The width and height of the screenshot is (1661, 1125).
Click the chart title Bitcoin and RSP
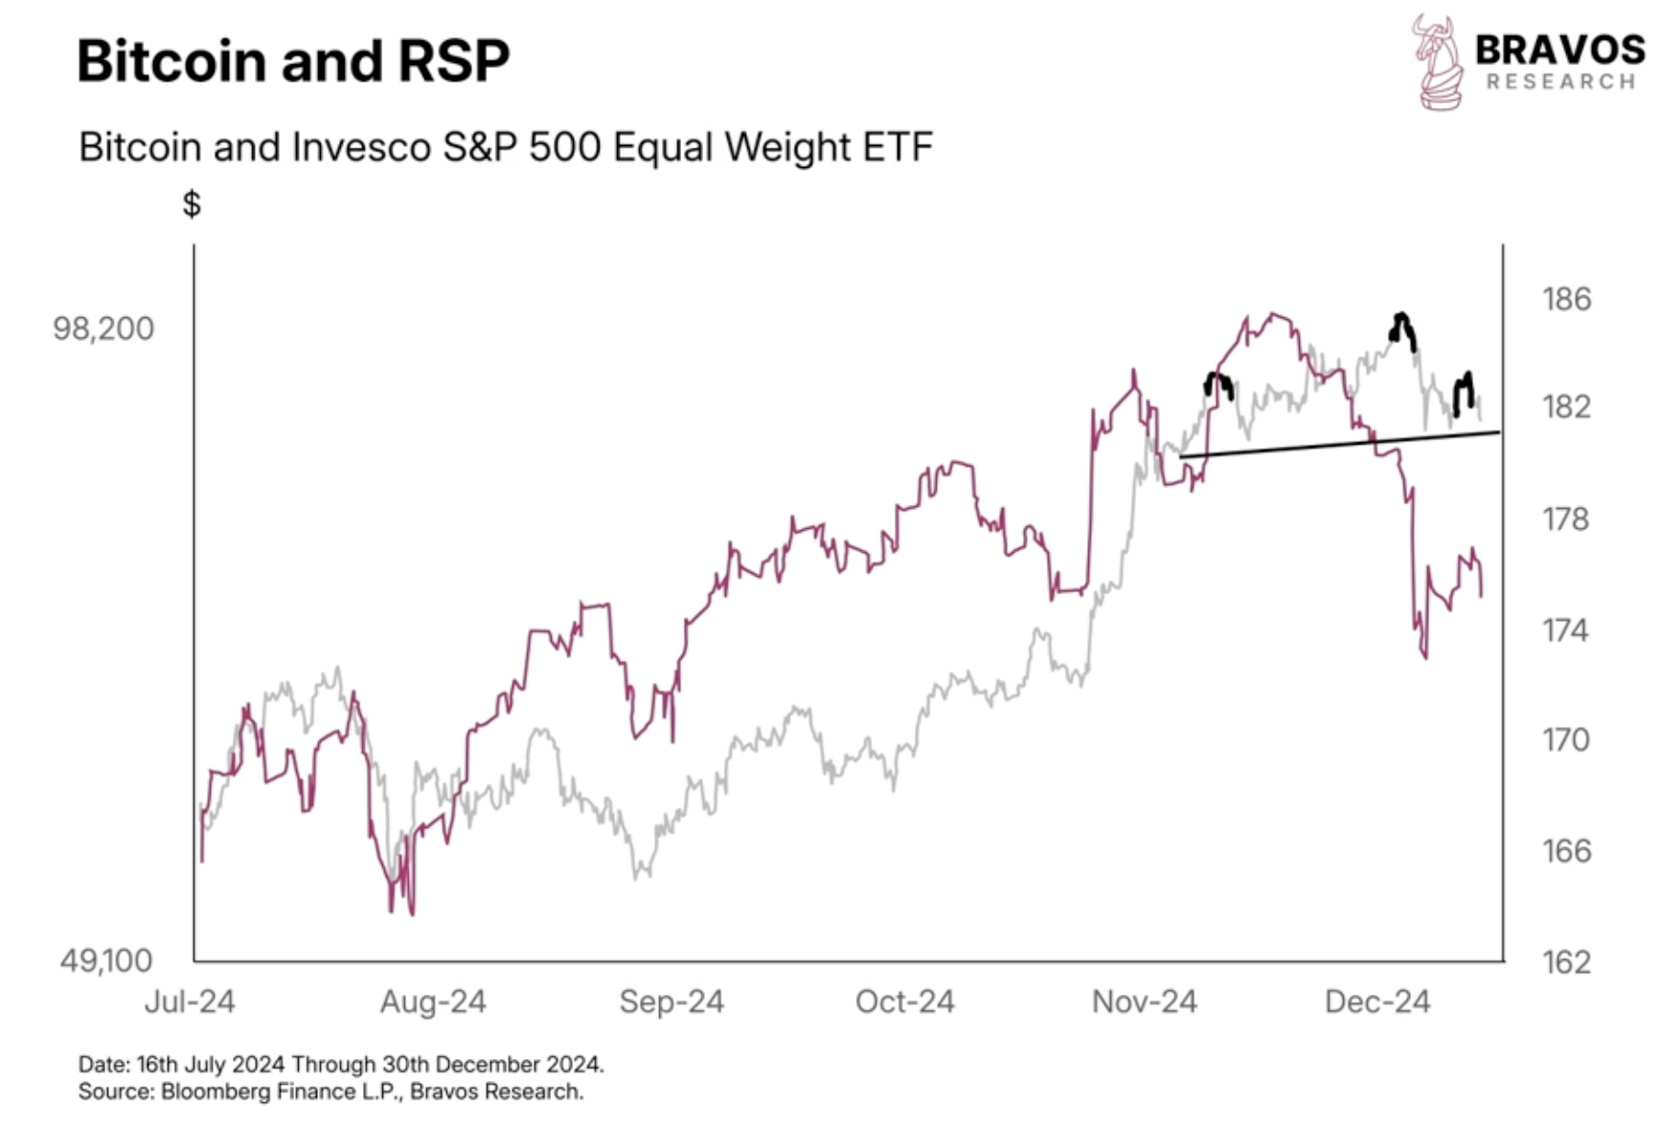coord(293,61)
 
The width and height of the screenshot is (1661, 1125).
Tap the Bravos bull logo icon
coord(1439,63)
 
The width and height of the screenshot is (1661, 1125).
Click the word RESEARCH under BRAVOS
coord(1560,82)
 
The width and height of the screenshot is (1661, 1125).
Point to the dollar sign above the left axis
coord(192,203)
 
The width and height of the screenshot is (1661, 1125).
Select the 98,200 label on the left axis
coord(103,329)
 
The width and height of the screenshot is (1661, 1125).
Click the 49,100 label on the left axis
coord(106,960)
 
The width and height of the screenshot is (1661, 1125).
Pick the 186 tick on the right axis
coord(1566,299)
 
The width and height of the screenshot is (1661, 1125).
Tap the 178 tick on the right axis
coord(1566,519)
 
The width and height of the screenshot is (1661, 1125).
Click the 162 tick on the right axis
coord(1566,962)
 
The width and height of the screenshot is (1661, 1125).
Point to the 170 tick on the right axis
coord(1566,740)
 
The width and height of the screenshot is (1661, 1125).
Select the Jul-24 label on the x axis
coord(190,1002)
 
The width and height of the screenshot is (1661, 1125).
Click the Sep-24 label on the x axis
coord(671,1002)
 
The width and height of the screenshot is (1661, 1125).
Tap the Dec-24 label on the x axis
coord(1377,1002)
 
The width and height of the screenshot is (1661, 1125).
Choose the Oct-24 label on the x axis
coord(905,1002)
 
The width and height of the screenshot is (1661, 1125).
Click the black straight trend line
coord(1341,444)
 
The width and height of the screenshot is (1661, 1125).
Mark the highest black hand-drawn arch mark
coord(1402,328)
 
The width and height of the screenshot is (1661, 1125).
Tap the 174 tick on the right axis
coord(1566,631)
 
